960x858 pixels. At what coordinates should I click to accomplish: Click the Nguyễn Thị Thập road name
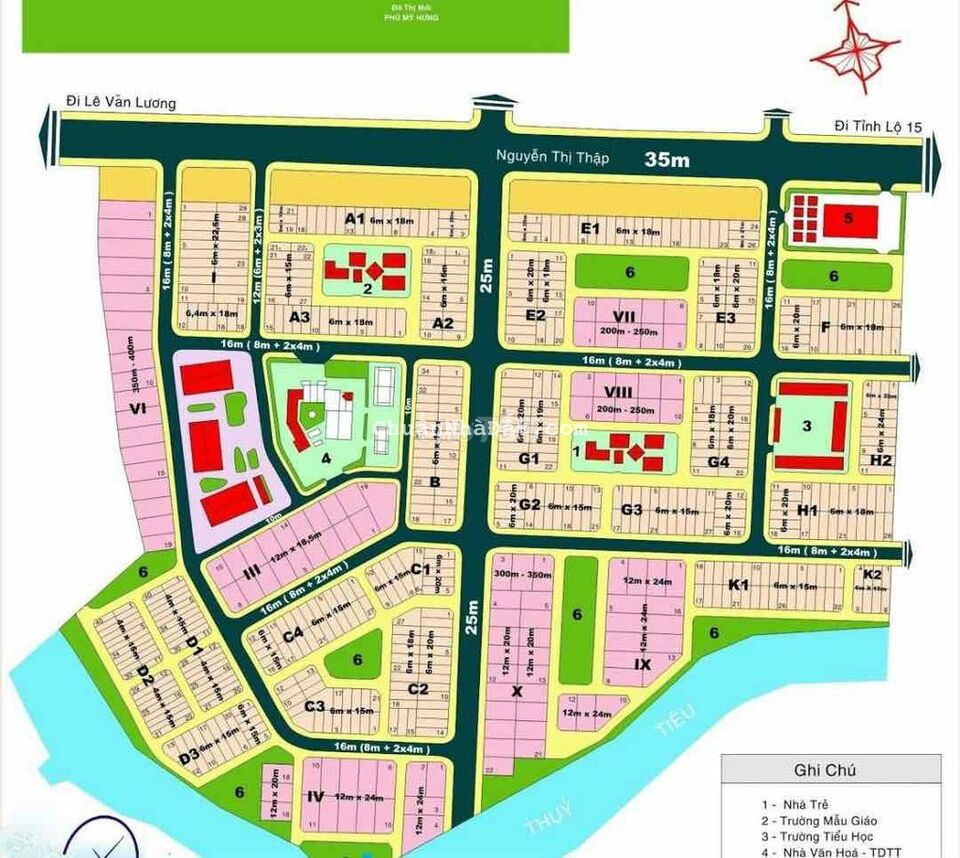pos(554,156)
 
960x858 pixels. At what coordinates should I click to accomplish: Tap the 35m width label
pos(667,159)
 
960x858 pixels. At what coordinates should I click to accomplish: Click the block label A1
pos(352,218)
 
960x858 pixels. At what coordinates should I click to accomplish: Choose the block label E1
pos(590,228)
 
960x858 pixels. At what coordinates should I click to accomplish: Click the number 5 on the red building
pos(848,219)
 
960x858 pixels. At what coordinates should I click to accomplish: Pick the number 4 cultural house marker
pos(325,460)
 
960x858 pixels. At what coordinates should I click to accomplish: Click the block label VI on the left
pos(138,407)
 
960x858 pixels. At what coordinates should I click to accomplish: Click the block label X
pos(516,690)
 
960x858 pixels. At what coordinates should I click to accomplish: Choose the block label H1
pos(808,510)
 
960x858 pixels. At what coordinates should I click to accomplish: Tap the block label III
pos(252,570)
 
